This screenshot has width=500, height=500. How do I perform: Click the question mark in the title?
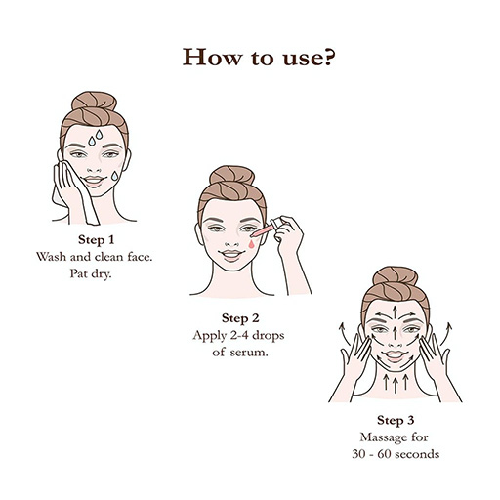coord(332,57)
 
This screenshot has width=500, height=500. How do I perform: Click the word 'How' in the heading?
coord(207,57)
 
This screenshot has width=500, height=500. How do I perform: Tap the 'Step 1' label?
coord(97,239)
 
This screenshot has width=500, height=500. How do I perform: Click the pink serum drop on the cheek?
coord(256,246)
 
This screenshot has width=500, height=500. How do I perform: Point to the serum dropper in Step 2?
coord(274,230)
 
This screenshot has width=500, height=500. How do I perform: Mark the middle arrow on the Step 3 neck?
coord(391,384)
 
